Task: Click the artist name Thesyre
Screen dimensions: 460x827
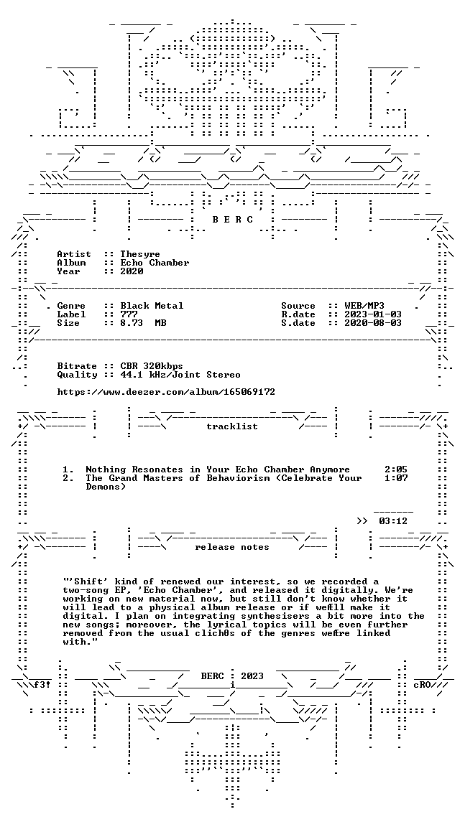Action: [x=140, y=254]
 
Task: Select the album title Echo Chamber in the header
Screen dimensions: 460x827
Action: [x=155, y=263]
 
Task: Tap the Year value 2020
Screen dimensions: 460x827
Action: [x=132, y=271]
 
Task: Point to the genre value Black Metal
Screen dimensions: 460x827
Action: [x=152, y=306]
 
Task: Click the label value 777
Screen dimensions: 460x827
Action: [x=129, y=314]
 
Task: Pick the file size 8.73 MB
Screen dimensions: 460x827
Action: [x=143, y=323]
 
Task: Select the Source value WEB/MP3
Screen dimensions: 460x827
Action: [x=364, y=306]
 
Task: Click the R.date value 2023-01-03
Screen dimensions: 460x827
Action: [x=373, y=314]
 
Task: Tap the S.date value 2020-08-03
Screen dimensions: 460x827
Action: [x=373, y=323]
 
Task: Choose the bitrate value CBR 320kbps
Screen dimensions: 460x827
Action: [x=152, y=366]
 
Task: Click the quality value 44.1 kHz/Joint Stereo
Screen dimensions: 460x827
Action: [x=180, y=375]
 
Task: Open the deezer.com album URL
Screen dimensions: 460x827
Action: [x=166, y=392]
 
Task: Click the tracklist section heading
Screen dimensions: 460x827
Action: [x=232, y=426]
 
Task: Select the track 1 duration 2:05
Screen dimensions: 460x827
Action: [x=395, y=469]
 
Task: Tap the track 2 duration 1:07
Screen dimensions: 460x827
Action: [x=395, y=478]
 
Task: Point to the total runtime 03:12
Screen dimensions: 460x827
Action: [x=393, y=521]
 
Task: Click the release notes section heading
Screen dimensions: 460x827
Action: [x=232, y=547]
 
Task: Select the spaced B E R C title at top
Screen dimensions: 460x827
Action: [x=232, y=220]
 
